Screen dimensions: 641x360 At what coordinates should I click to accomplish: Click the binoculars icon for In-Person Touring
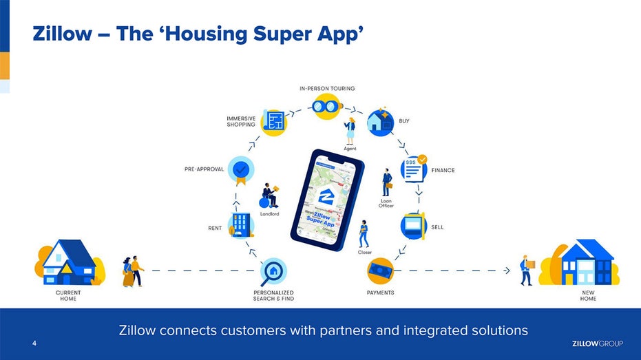pyautogui.click(x=327, y=107)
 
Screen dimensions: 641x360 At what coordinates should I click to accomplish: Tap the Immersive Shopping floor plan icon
pyautogui.click(x=273, y=122)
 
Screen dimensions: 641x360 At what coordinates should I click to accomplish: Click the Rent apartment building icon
pyautogui.click(x=241, y=225)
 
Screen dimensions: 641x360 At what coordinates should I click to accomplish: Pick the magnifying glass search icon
pyautogui.click(x=273, y=271)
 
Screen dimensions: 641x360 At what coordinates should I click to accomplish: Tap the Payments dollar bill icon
pyautogui.click(x=380, y=271)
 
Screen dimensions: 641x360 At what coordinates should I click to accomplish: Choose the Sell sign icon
pyautogui.click(x=414, y=226)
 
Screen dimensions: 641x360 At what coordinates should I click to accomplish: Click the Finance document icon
pyautogui.click(x=414, y=169)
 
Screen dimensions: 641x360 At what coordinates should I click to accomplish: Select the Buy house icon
pyautogui.click(x=381, y=122)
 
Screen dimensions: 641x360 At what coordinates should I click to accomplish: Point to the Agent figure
pyautogui.click(x=350, y=131)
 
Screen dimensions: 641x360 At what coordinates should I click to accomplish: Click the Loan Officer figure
pyautogui.click(x=387, y=182)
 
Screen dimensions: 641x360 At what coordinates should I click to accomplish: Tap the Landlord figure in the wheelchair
pyautogui.click(x=269, y=195)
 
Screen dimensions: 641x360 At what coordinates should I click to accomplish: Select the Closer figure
pyautogui.click(x=364, y=234)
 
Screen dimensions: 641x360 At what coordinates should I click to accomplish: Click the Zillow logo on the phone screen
pyautogui.click(x=326, y=197)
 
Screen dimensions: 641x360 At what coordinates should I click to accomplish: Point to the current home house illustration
pyautogui.click(x=70, y=262)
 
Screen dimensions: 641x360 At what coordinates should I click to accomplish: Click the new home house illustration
pyautogui.click(x=580, y=262)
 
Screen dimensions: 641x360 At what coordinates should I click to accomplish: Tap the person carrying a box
pyautogui.click(x=526, y=270)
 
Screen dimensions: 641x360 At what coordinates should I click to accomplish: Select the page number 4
pyautogui.click(x=34, y=343)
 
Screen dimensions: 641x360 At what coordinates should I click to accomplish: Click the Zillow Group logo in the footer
pyautogui.click(x=597, y=343)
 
